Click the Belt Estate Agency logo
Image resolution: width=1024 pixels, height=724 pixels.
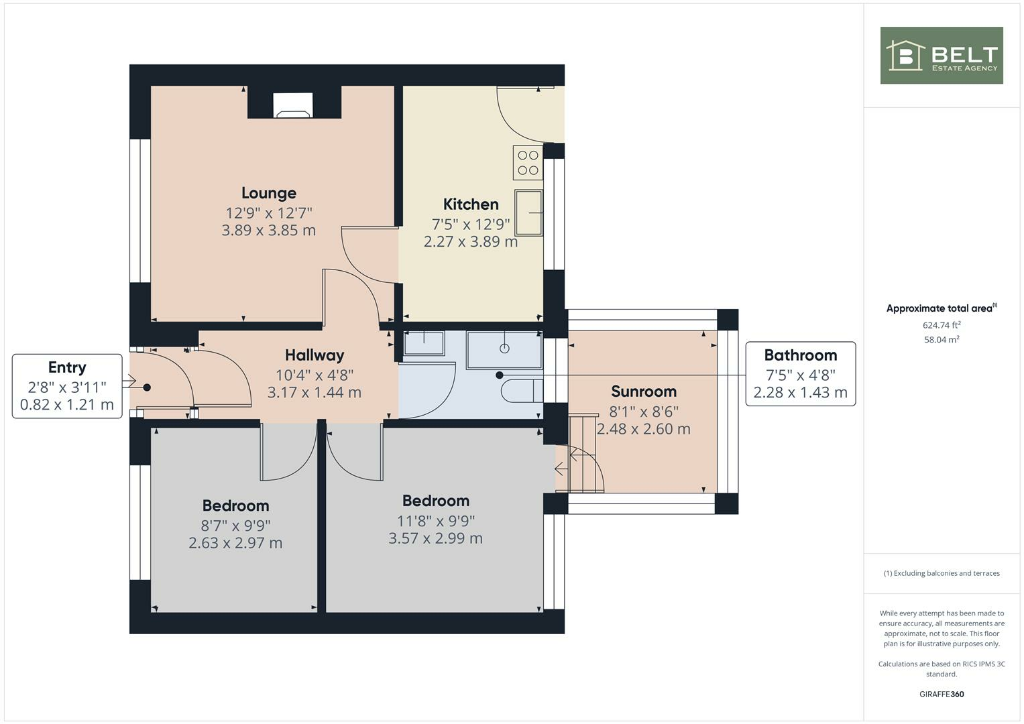[941, 56]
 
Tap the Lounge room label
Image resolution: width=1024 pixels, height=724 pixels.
[268, 193]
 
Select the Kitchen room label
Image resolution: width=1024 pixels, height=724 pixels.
[471, 204]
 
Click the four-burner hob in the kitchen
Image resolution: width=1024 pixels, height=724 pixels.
[528, 163]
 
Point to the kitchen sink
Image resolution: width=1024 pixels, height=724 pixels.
[528, 213]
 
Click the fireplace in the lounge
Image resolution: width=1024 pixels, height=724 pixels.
[293, 105]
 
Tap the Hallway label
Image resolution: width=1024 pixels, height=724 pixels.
[314, 355]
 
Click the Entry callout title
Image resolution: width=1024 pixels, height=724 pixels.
[67, 367]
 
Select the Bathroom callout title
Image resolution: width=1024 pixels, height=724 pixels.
[800, 355]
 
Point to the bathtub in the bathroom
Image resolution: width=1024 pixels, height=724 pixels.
[504, 349]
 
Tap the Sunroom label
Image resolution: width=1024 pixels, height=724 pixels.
[643, 391]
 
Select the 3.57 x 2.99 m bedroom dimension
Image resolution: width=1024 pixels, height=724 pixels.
[435, 538]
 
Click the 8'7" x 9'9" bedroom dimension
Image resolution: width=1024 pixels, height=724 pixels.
[235, 526]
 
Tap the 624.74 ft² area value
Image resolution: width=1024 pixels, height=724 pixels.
[941, 325]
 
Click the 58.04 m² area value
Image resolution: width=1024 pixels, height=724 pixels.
[941, 340]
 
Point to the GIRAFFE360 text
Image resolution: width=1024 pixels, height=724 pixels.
[941, 695]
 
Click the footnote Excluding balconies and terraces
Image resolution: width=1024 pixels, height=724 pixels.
[941, 573]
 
